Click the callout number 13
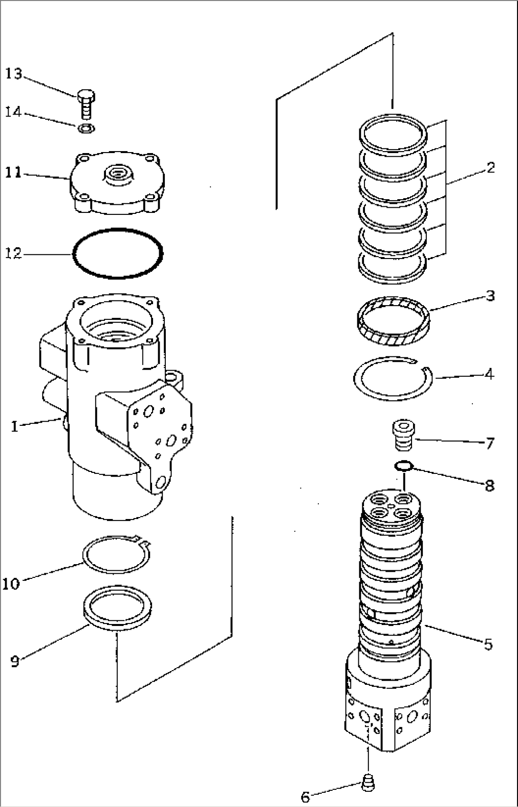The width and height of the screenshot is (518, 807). [x=14, y=74]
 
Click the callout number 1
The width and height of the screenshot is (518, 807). [x=15, y=426]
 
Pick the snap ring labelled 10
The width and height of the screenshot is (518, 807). [x=116, y=554]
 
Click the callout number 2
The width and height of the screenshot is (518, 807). [x=490, y=168]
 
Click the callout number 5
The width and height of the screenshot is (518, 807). [x=488, y=645]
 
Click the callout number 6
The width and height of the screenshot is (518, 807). [x=305, y=796]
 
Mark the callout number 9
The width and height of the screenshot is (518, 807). [x=15, y=661]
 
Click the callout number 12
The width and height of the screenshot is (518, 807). [x=14, y=254]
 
